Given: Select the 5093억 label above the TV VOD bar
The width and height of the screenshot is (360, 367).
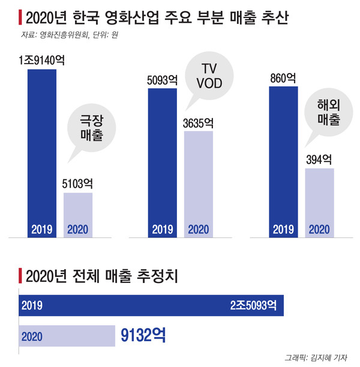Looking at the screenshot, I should click(x=161, y=79).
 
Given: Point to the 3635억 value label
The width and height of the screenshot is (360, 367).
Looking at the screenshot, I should click(x=198, y=123).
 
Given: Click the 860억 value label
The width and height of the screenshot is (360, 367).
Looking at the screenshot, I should click(x=283, y=78).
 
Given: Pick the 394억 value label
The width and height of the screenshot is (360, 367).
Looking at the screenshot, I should click(x=319, y=160).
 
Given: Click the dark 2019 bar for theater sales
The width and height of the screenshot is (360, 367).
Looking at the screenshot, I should click(x=42, y=150).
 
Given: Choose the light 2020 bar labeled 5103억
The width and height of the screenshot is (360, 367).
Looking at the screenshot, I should click(x=78, y=213).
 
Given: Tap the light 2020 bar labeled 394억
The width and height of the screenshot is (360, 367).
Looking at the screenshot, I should click(x=319, y=201).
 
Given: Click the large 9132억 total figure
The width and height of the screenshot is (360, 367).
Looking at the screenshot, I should click(x=144, y=335).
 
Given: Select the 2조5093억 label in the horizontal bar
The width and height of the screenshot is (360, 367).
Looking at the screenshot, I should click(x=253, y=305).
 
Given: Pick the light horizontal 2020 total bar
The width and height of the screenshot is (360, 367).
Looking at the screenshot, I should click(x=66, y=335).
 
